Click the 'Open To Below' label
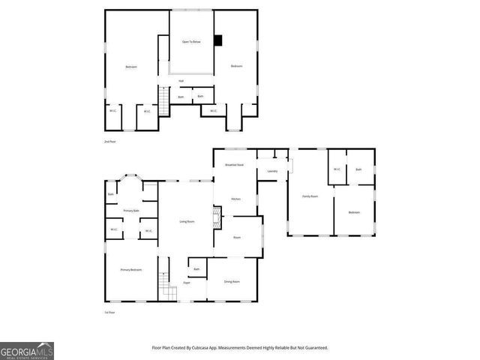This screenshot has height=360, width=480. point(191,42)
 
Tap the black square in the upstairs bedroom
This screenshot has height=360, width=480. point(218,41)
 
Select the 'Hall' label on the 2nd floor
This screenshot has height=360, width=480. point(181,81)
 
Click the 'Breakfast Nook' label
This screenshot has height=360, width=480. point(235,164)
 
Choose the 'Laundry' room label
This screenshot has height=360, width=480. point(272,172)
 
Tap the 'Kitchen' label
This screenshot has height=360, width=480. point(235,199)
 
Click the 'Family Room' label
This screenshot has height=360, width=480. point(310,196)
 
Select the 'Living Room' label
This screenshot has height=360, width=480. point(187,221)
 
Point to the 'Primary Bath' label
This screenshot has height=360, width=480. point(131,211)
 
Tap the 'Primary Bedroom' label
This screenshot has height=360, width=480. point(131,269)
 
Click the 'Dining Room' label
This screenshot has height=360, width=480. point(232,281)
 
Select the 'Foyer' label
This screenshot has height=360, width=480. point(187,283)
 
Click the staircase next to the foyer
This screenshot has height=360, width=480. point(165,287)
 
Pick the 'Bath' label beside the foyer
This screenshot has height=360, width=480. point(196,269)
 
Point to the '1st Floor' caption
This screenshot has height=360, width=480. point(110,312)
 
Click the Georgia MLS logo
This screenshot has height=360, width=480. point(26,351)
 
